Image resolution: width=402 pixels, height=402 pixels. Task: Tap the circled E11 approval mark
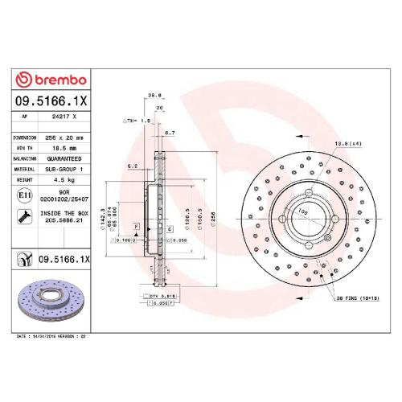(24, 195)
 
